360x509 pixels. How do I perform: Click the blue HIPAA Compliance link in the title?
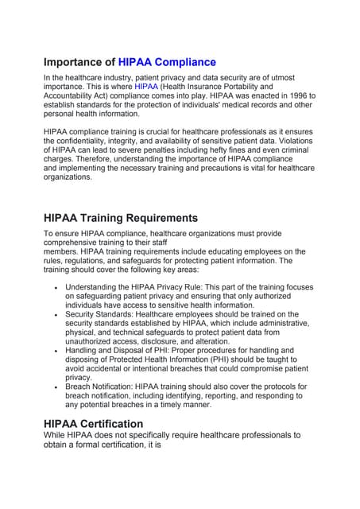click(x=167, y=62)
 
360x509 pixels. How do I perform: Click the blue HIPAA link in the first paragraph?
click(x=146, y=86)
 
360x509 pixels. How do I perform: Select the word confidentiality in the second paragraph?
click(x=90, y=141)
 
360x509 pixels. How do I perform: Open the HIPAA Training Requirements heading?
click(x=121, y=217)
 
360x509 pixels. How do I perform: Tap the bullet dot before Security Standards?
click(x=54, y=315)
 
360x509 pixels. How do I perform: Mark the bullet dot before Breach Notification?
click(x=54, y=386)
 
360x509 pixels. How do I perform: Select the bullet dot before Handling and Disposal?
click(x=54, y=351)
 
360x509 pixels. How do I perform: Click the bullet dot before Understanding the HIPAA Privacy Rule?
click(x=54, y=287)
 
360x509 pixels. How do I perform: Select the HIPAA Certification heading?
click(x=94, y=424)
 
